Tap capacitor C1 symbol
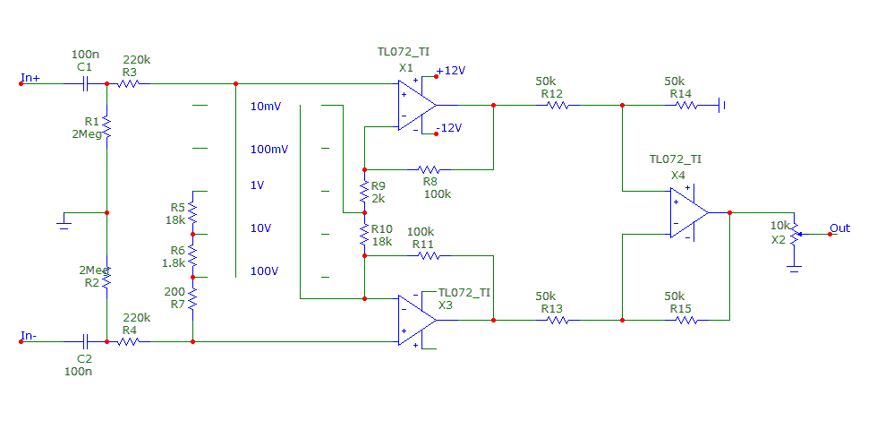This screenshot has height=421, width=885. point(84,84)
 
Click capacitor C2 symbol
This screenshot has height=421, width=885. point(84,341)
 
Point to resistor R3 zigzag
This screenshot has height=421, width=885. point(130,84)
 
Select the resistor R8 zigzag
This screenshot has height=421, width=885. point(430,168)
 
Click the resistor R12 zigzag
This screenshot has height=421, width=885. point(557,105)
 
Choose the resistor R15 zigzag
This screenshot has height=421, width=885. point(685,320)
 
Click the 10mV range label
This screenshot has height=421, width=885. point(266,107)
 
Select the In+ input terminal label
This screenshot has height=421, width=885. point(30,78)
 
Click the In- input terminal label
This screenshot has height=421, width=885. point(30,336)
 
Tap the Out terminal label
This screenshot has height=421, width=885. point(840,228)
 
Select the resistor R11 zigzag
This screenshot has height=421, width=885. point(430,255)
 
